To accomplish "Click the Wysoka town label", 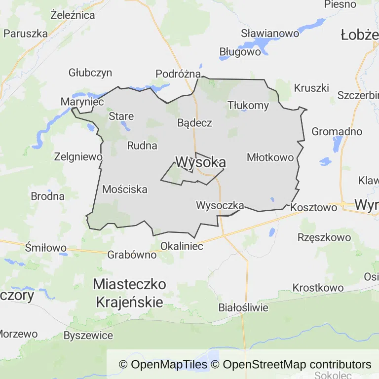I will (201, 162).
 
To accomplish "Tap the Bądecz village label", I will (195, 123).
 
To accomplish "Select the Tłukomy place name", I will (248, 105).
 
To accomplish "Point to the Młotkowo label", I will (270, 157).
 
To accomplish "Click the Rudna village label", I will (142, 146).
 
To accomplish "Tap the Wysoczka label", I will (220, 205).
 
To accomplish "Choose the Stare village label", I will (121, 116).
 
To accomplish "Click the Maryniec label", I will (82, 102).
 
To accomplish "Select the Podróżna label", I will (178, 74).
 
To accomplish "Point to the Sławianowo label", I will (270, 34).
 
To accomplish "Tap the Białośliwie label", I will (243, 308).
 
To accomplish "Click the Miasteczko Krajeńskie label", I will (129, 293).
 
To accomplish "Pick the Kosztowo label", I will (314, 207).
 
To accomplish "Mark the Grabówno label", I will (132, 255).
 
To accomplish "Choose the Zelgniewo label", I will (79, 157).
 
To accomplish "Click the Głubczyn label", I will (90, 73).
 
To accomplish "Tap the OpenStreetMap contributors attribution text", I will (297, 365).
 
